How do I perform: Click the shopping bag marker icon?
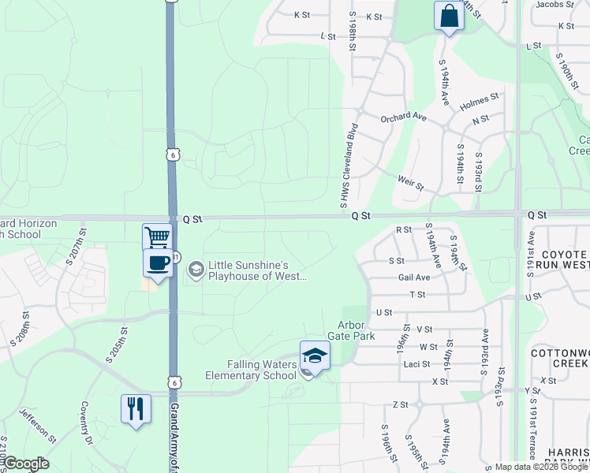click(x=448, y=17)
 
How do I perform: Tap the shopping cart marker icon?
click(x=157, y=237)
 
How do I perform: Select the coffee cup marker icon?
click(x=157, y=263)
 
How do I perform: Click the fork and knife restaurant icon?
click(x=136, y=409)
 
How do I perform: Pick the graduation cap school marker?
click(x=314, y=356)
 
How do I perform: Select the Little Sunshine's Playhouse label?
click(x=254, y=270)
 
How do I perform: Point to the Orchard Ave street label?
click(x=403, y=117)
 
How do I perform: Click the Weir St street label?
click(x=411, y=184)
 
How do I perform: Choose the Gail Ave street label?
click(x=414, y=277)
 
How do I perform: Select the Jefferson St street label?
click(x=38, y=423)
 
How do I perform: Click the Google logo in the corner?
click(x=25, y=464)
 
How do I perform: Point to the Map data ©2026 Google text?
click(x=540, y=467)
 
